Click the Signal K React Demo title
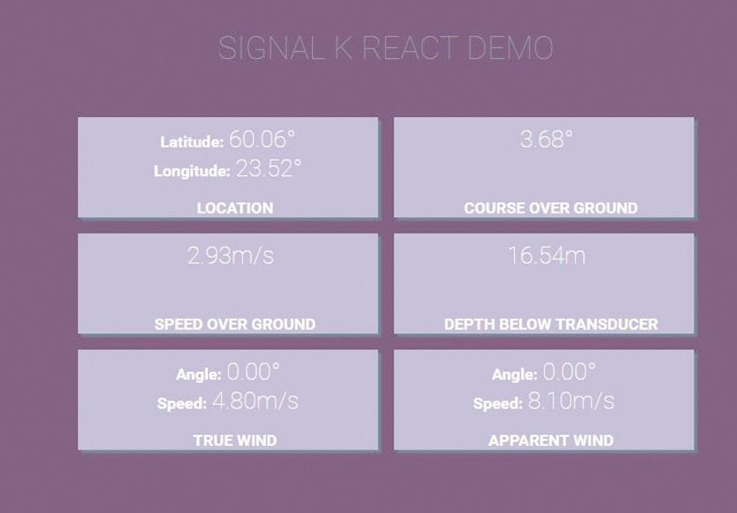tap(386, 48)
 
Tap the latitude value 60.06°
tap(262, 139)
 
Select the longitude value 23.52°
tap(269, 168)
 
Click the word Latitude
tap(192, 141)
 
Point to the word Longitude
tap(192, 171)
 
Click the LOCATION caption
tap(235, 208)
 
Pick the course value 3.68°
tap(546, 139)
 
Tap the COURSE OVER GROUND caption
tap(551, 208)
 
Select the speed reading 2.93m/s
tap(231, 255)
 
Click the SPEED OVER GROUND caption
tap(235, 325)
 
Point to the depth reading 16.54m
tap(546, 255)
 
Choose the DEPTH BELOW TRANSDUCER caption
tap(551, 325)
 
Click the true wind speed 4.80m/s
tap(255, 401)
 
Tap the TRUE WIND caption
tap(235, 441)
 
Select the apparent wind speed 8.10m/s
tap(571, 401)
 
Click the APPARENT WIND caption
tap(551, 441)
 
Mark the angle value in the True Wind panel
tap(253, 372)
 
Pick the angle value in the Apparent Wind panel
tap(569, 372)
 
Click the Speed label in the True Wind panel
tap(182, 404)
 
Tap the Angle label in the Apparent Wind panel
tap(515, 375)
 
